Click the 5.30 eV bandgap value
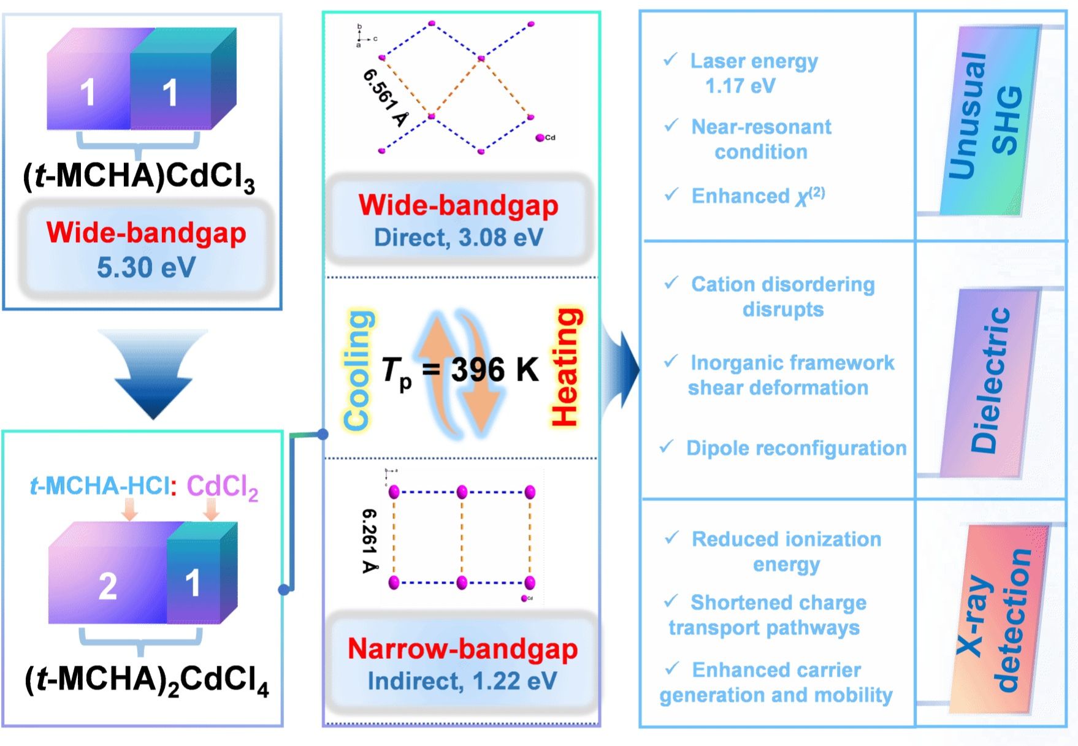[x=146, y=267]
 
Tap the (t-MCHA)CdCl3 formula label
[x=139, y=177]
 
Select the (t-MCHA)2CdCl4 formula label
[x=147, y=680]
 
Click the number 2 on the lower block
[x=107, y=585]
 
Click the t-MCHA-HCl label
[x=99, y=486]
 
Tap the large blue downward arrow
[x=153, y=374]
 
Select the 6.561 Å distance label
[x=385, y=97]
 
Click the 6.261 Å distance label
[x=370, y=540]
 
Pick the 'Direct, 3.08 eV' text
[x=459, y=238]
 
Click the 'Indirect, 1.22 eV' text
[x=462, y=681]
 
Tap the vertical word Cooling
[x=357, y=370]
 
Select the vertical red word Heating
[x=565, y=367]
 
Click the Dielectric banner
[x=990, y=380]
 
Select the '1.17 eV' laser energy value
[x=740, y=86]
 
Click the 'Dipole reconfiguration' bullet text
[x=796, y=448]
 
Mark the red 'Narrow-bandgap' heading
[x=462, y=649]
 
